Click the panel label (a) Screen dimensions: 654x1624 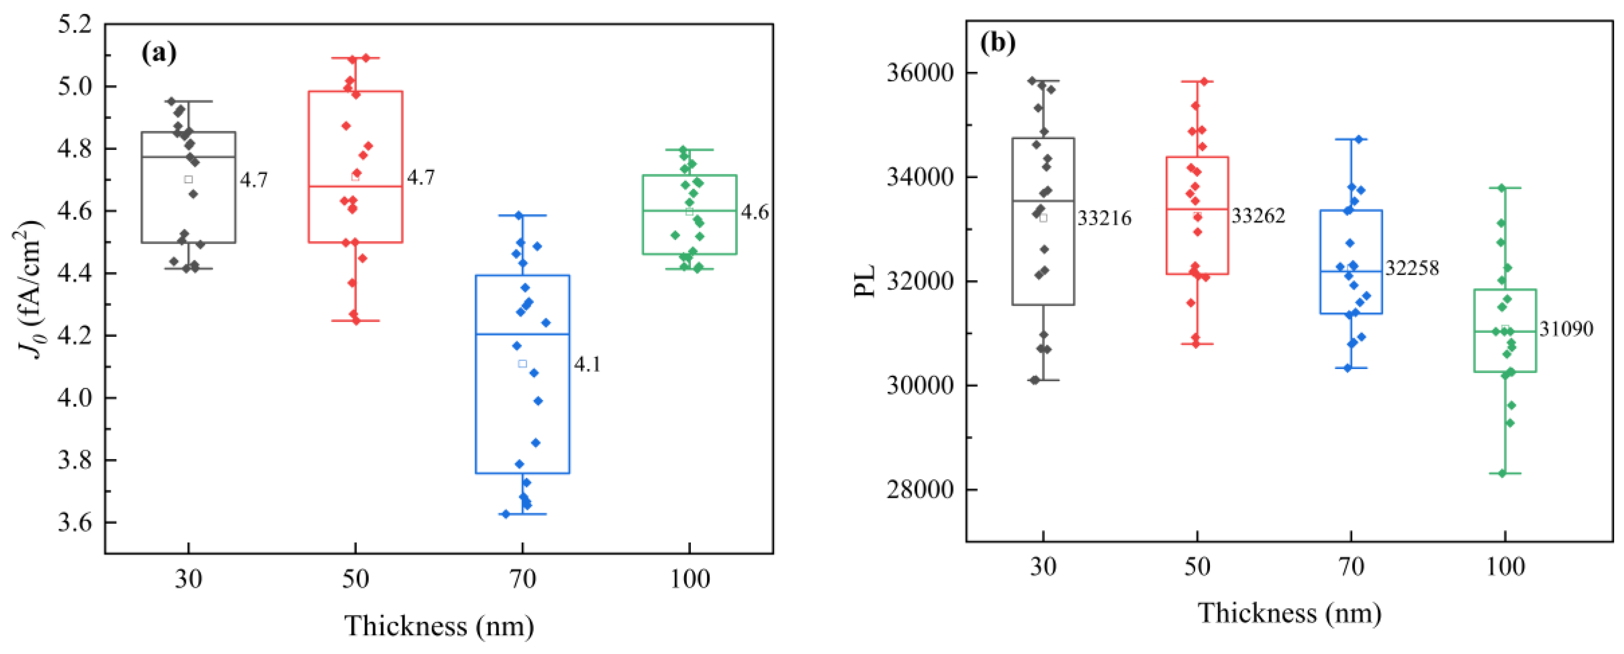tap(158, 53)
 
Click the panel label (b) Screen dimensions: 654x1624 tap(998, 43)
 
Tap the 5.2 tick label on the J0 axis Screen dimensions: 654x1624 tap(74, 25)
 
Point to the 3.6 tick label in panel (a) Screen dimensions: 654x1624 tap(74, 523)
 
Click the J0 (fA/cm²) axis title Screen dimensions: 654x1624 tap(28, 290)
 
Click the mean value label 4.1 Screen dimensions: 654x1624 tap(587, 365)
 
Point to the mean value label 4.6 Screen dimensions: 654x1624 tap(755, 212)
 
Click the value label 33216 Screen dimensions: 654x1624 tap(1104, 218)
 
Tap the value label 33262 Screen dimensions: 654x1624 tap(1258, 216)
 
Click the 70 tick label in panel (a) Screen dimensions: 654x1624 tap(523, 579)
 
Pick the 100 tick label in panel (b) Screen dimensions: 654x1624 tap(1506, 567)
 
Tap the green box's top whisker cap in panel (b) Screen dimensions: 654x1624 tap(1506, 188)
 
